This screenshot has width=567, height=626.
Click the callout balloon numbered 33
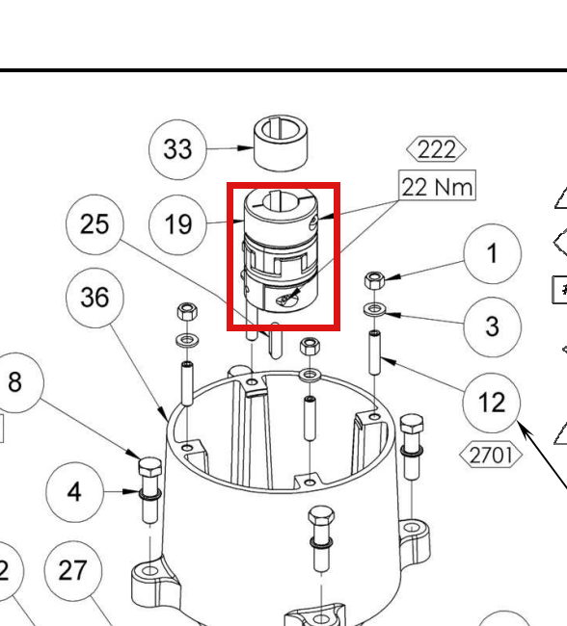177,149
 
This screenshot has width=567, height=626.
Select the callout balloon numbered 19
177,224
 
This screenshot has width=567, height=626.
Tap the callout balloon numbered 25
94,224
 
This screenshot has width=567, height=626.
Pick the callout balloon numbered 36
94,298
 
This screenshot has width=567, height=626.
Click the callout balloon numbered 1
492,254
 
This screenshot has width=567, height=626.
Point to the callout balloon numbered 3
492,327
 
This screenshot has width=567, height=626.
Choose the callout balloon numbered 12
492,403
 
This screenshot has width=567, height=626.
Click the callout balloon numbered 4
75,492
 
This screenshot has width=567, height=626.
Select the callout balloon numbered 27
72,571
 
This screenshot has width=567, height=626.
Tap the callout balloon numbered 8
15,382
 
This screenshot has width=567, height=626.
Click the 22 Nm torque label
437,185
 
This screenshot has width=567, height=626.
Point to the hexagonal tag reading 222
436,149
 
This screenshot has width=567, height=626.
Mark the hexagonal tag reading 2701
491,455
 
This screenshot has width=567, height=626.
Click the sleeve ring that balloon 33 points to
281,143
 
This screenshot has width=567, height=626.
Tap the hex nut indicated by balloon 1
375,280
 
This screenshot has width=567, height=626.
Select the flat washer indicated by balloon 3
375,308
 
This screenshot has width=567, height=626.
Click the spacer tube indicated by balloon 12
375,352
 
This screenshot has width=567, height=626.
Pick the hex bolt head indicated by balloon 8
150,468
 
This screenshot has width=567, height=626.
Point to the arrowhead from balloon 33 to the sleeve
245,148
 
